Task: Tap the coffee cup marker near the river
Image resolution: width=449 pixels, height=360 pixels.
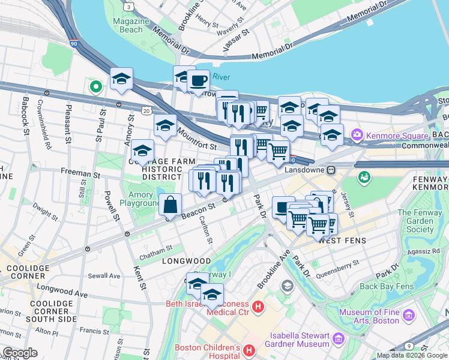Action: coord(198,80)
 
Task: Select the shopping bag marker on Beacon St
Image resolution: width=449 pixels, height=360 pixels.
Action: coord(171,204)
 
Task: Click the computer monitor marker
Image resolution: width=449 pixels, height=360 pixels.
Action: coord(283,208)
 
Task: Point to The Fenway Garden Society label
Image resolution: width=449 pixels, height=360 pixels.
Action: coord(420,221)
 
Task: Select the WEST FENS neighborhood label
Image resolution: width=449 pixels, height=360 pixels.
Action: coord(342,241)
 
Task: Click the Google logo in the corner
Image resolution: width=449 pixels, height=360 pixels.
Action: coord(20,353)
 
